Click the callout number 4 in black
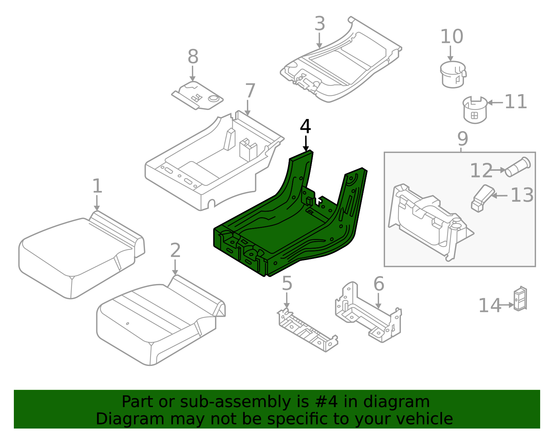[305, 127]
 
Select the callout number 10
[452, 37]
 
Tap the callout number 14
[490, 306]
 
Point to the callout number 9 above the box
[463, 139]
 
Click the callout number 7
[250, 91]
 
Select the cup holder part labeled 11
[475, 110]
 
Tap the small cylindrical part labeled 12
[518, 167]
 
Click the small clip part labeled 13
[482, 198]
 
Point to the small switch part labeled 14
[520, 298]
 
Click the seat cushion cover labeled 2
[159, 322]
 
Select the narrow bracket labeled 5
[307, 331]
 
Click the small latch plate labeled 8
[197, 96]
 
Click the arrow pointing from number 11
[495, 103]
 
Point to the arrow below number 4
[306, 143]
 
